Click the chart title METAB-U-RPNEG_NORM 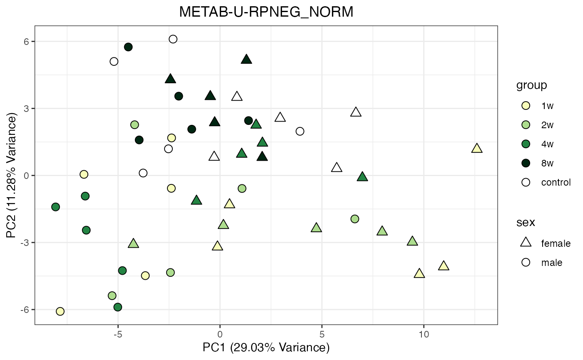click(266, 12)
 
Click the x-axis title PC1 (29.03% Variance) click(266, 347)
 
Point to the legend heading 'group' click(531, 85)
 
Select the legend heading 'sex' click(526, 222)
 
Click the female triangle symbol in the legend click(526, 243)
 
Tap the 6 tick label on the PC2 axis click(26, 42)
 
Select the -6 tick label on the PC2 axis click(24, 310)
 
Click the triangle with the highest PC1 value click(477, 148)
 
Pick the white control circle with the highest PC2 click(173, 39)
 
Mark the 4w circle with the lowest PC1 click(55, 207)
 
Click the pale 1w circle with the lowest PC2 click(60, 311)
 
